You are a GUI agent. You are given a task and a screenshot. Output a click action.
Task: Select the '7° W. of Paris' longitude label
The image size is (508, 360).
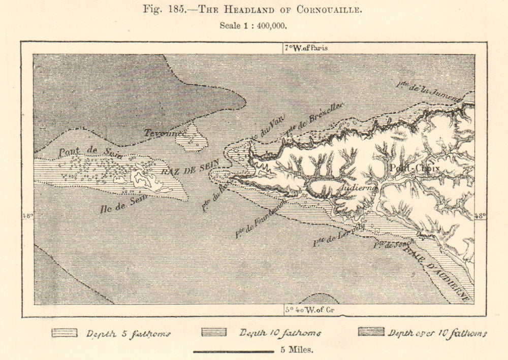point(306,48)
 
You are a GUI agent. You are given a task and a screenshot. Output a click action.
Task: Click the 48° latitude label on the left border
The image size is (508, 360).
point(27,216)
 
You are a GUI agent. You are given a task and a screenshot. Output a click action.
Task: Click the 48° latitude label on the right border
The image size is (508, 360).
point(481,216)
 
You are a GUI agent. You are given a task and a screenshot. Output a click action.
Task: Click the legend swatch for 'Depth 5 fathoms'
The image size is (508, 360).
point(65,333)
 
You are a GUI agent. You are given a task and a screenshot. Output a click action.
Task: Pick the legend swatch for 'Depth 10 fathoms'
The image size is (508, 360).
point(214,333)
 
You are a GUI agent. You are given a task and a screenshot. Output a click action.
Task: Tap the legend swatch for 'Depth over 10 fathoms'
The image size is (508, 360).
point(371,332)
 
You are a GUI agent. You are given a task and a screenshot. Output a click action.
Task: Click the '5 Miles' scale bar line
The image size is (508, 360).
point(234,351)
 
